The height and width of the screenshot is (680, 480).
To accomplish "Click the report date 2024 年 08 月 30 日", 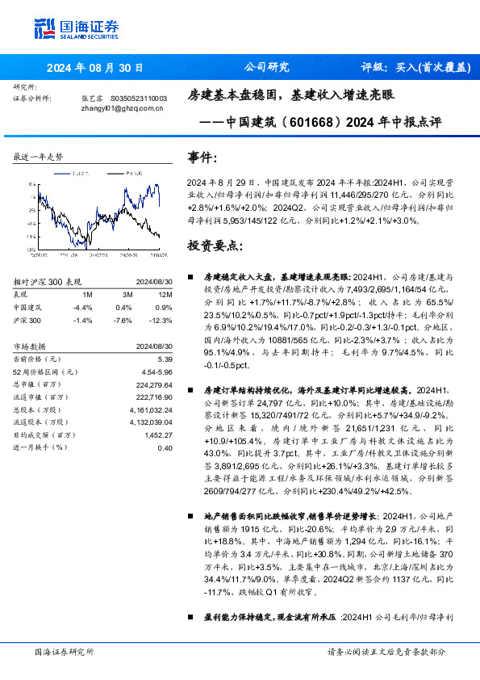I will tap(95, 69).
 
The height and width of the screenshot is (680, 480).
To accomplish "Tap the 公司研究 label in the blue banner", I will tap(265, 68).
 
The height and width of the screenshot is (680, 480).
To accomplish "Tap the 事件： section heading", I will tap(202, 157).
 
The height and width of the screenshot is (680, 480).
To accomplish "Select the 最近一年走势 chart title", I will tap(38, 157).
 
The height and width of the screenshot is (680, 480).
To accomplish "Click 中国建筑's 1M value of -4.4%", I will tap(83, 308).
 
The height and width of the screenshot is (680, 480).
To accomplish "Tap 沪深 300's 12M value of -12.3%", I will tap(161, 320).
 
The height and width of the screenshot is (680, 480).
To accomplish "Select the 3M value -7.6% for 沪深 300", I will tap(123, 320).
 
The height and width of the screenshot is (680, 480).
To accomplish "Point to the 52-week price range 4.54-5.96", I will tap(158, 371).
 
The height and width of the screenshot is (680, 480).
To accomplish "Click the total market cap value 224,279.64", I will tap(152, 384).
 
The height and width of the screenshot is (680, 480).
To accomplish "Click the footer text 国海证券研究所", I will tap(65, 651).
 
